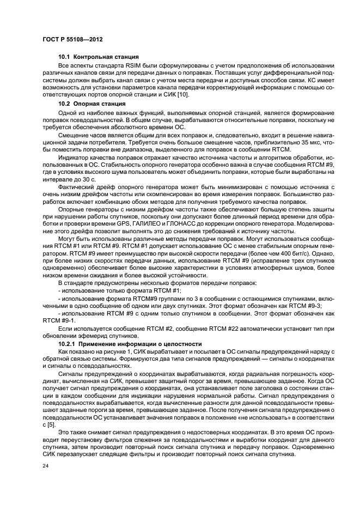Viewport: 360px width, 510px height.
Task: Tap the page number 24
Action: [x=46, y=466]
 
